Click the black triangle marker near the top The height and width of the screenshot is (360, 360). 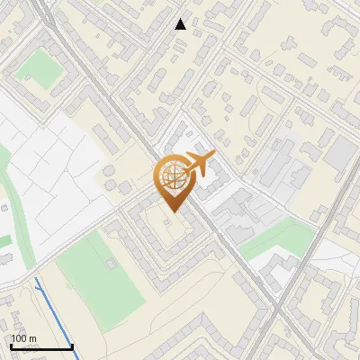[181, 24]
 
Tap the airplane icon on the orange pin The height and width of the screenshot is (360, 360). [197, 164]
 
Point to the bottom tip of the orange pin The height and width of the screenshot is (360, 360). [171, 211]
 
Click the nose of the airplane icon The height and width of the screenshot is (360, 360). [212, 155]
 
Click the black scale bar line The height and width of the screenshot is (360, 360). [41, 346]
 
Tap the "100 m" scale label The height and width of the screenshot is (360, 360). [23, 338]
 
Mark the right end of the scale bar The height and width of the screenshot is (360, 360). [72, 346]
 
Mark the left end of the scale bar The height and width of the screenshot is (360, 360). [11, 346]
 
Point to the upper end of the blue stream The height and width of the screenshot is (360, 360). [35, 281]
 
